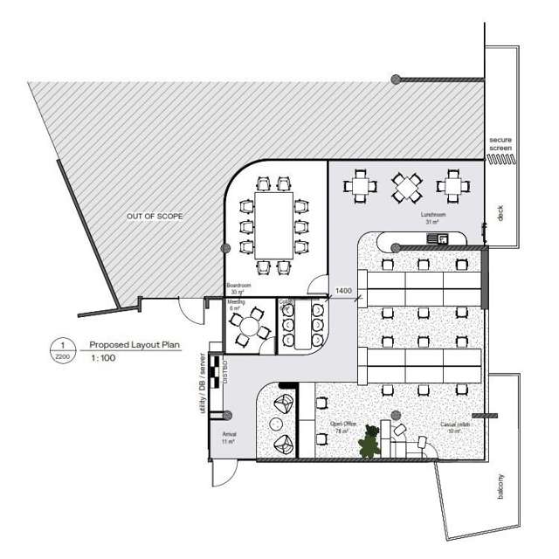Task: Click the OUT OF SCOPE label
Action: click(x=155, y=215)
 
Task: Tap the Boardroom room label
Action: click(x=239, y=288)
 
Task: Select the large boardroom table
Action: click(x=275, y=225)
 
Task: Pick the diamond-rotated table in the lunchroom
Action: click(x=406, y=186)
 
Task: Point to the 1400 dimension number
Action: click(x=342, y=289)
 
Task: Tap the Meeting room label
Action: click(x=237, y=305)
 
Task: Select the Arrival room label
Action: click(x=230, y=438)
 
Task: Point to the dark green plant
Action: click(x=371, y=441)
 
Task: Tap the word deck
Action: click(x=500, y=213)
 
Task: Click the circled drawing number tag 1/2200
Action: click(x=61, y=350)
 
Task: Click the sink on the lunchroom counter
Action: click(x=443, y=238)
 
